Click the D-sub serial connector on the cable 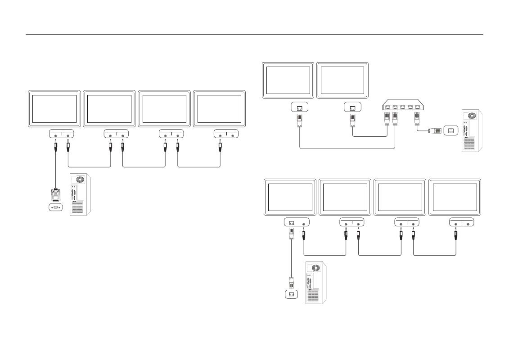(x=55, y=195)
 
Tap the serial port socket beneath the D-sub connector (x=55, y=207)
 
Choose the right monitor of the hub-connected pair (x=342, y=80)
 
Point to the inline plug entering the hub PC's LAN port (x=430, y=130)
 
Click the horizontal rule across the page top (x=254, y=34)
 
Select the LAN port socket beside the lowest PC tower (x=291, y=294)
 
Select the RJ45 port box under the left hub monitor (x=299, y=108)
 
